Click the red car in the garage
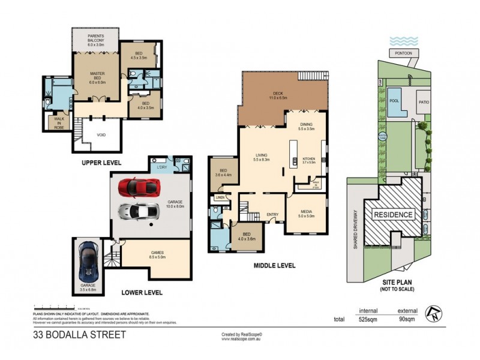pyautogui.click(x=139, y=187)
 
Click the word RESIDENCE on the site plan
pyautogui.click(x=394, y=215)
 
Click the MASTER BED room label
pyautogui.click(x=98, y=76)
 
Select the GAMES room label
pyautogui.click(x=157, y=254)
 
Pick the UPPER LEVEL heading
pyautogui.click(x=102, y=163)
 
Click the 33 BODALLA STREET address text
pyautogui.click(x=79, y=334)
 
